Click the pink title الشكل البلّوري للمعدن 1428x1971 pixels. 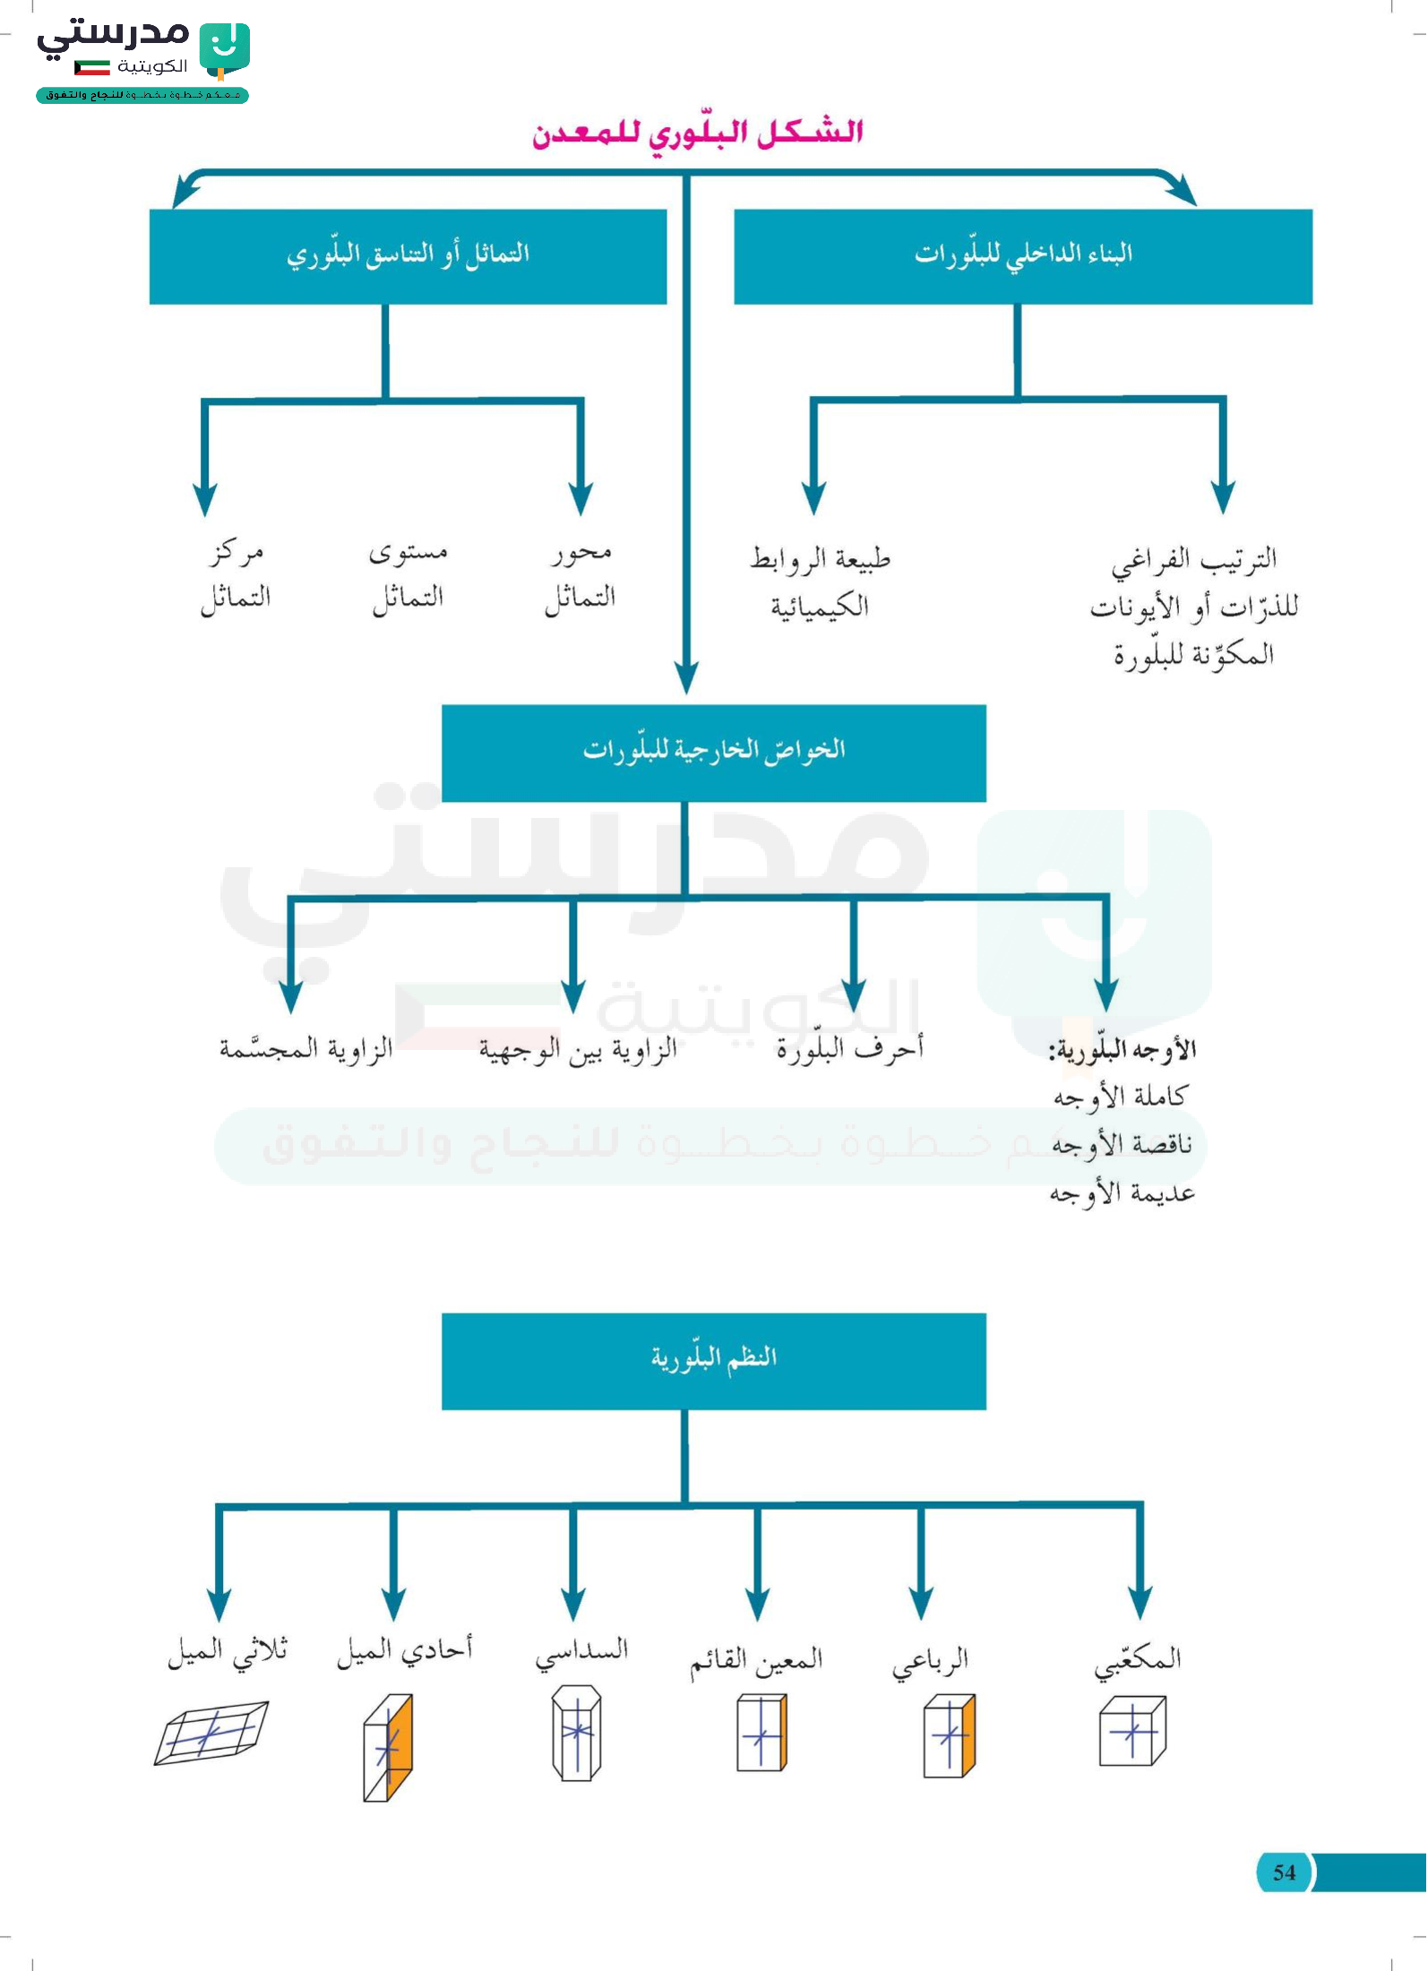[698, 133]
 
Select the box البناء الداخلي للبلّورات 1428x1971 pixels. [1023, 256]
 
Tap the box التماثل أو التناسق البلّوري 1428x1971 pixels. [408, 256]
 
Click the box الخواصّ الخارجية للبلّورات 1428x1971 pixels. [714, 753]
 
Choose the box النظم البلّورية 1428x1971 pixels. [714, 1361]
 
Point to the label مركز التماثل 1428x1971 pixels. [236, 575]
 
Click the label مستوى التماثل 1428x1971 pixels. [409, 575]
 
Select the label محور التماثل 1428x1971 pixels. [581, 575]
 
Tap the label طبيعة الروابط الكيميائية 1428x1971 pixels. [821, 582]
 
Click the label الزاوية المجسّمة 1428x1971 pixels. [306, 1047]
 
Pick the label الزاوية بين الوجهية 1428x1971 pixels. [578, 1049]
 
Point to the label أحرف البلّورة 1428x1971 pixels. [849, 1047]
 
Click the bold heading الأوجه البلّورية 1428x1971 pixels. [1123, 1049]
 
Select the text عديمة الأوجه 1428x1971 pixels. [1123, 1193]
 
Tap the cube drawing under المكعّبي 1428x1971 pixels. [1133, 1731]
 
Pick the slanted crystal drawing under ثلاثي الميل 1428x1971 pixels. [211, 1734]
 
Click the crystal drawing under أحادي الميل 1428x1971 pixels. [388, 1747]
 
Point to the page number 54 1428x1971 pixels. [1284, 1872]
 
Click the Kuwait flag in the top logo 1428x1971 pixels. [91, 67]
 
